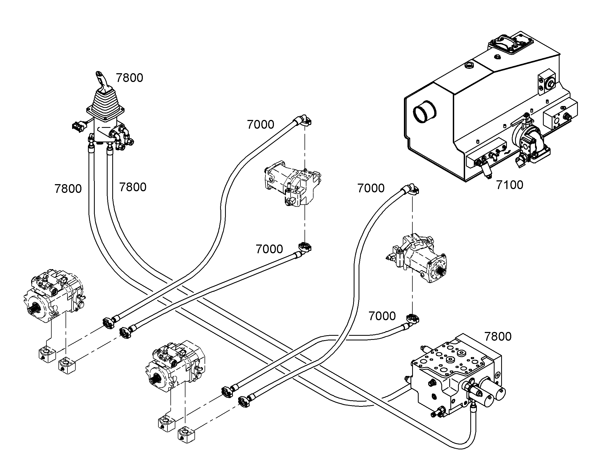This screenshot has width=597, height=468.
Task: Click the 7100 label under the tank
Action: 510,185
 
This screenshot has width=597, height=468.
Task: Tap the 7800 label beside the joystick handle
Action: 129,78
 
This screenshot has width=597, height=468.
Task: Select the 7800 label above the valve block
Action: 498,337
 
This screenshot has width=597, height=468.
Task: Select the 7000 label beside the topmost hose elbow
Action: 261,125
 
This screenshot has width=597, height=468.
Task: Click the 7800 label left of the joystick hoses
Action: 68,189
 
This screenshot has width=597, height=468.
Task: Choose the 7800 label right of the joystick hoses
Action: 133,187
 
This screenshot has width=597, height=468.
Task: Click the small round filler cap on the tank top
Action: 469,65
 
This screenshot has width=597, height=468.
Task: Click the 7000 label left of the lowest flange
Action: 382,316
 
